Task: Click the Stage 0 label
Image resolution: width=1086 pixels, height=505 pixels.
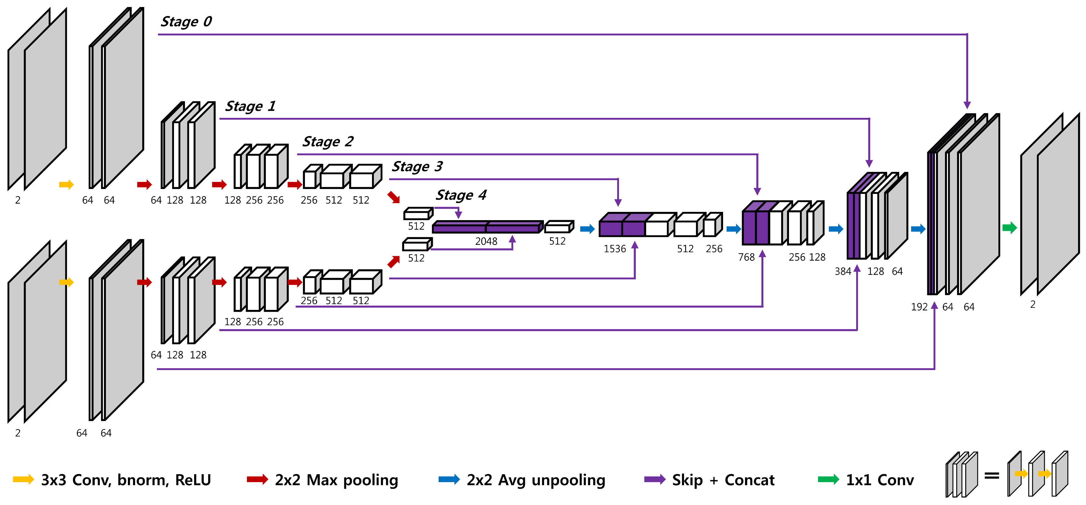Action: pos(186,21)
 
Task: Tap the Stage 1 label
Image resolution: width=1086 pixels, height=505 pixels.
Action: pos(250,106)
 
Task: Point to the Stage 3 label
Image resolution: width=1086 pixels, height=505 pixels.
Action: pos(417,167)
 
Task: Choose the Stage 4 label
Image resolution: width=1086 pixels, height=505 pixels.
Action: pos(461,195)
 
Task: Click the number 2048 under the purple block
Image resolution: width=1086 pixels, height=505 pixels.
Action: pos(486,241)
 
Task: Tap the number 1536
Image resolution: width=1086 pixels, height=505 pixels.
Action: pos(615,249)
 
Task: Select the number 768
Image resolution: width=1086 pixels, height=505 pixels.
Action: pos(746,257)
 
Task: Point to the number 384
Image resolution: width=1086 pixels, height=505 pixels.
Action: pos(843,271)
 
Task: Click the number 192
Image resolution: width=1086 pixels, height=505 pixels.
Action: pos(919,307)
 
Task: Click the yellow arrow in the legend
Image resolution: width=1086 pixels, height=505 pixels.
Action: pos(24,479)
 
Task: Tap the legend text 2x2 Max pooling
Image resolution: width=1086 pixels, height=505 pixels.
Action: pos(336,480)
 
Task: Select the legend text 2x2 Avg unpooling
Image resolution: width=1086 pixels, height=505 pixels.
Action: pos(536,480)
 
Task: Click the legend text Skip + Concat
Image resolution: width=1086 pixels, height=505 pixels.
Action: pos(723,480)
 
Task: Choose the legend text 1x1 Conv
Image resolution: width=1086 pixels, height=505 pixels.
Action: pos(880,480)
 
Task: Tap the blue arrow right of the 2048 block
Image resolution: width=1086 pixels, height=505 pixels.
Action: pos(587,229)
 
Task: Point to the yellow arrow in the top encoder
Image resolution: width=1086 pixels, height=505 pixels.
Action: pos(66,184)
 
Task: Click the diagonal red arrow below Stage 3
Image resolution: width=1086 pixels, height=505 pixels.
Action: pos(394,197)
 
